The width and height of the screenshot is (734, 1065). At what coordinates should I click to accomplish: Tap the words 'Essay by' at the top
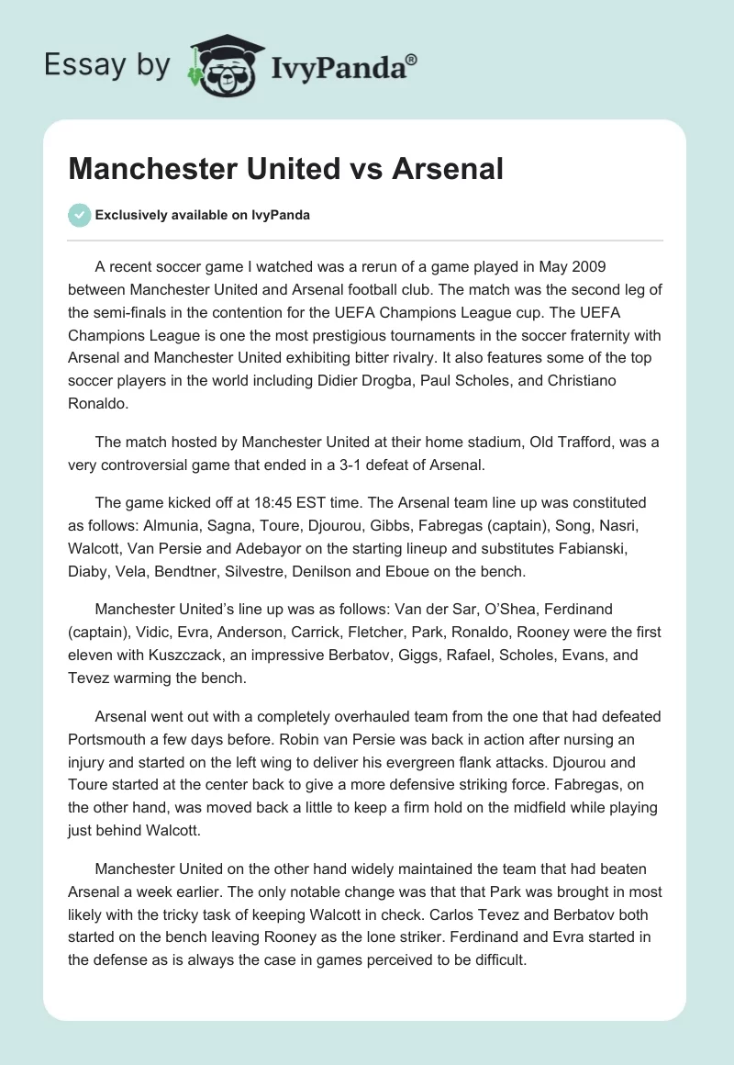tap(106, 65)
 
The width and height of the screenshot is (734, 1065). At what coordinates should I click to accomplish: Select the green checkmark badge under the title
tap(79, 215)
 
